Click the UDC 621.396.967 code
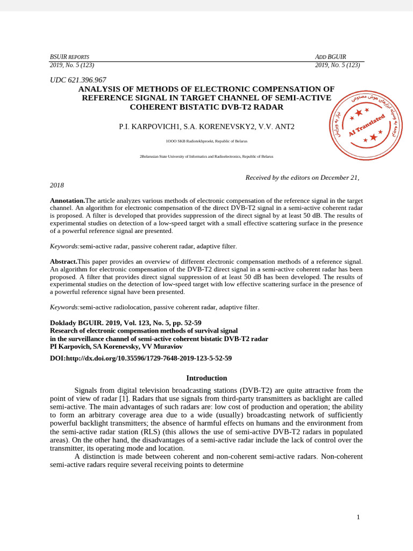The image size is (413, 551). click(78, 80)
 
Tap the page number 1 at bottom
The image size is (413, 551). click(358, 517)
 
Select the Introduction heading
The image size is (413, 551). click(206, 378)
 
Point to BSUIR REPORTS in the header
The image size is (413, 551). click(69, 56)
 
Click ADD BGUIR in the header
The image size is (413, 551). click(330, 56)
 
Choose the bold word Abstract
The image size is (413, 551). click(63, 262)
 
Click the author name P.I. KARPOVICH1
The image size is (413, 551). click(149, 127)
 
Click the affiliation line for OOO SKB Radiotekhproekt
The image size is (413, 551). click(206, 141)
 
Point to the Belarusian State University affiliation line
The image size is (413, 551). click(206, 157)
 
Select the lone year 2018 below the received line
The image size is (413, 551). click(57, 185)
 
